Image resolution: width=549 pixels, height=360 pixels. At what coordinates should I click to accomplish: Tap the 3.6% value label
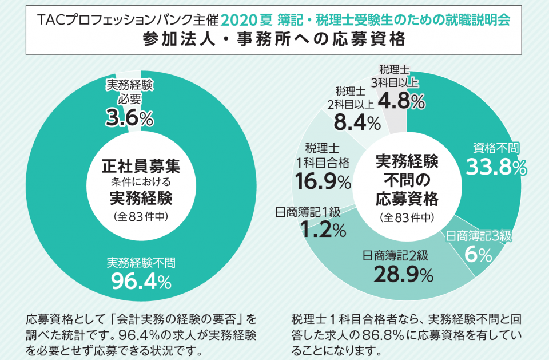point(129,118)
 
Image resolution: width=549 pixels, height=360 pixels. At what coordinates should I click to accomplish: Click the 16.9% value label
point(323,182)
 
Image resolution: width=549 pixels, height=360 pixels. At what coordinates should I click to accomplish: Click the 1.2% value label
point(321,230)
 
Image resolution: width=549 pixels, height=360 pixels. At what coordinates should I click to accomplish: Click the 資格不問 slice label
point(495,148)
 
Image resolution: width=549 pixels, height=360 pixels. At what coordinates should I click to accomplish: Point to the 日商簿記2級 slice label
point(399,255)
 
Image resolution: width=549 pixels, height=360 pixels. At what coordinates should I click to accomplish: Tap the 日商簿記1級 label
point(308,212)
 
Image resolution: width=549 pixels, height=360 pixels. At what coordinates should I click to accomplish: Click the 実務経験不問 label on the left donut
point(141,263)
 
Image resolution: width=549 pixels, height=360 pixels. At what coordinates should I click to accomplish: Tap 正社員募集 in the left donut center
point(141,167)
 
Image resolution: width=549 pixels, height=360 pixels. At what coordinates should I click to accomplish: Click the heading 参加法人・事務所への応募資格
point(274,40)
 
